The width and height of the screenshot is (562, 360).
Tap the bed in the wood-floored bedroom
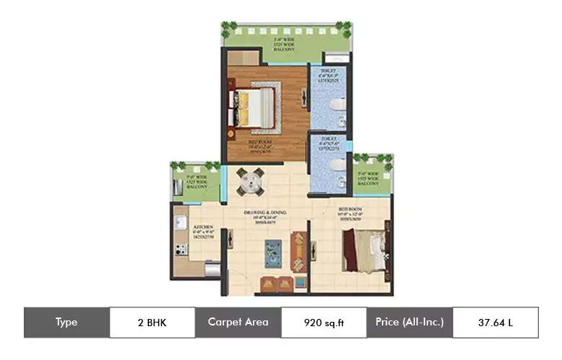click(x=252, y=107)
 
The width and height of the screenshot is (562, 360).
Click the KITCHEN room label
click(x=202, y=232)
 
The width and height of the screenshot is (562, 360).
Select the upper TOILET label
click(x=329, y=74)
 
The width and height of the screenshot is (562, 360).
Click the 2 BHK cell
click(x=152, y=323)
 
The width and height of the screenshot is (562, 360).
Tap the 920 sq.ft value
click(x=324, y=323)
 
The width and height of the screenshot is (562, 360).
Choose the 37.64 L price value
click(x=495, y=323)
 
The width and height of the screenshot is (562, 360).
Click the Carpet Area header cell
click(x=238, y=323)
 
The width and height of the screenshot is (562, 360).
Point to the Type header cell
click(x=66, y=323)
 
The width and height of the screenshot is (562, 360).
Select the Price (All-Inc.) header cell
click(x=409, y=323)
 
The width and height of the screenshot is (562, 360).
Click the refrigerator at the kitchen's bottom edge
click(x=212, y=270)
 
